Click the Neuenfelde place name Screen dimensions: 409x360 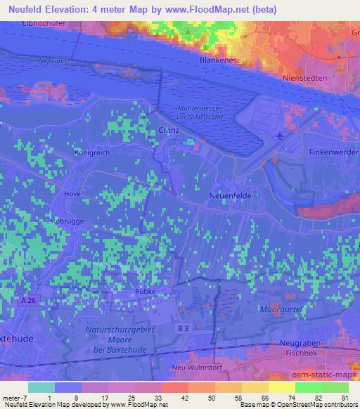coord(231,196)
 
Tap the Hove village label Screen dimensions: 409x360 coord(72,194)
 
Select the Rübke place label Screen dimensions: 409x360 coord(146,292)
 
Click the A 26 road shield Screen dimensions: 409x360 coord(28,301)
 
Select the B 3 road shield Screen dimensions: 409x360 coord(181,328)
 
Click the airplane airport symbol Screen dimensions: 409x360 coord(281,135)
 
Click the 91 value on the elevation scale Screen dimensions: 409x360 coord(344,397)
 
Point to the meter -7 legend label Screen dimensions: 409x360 coord(15,397)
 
